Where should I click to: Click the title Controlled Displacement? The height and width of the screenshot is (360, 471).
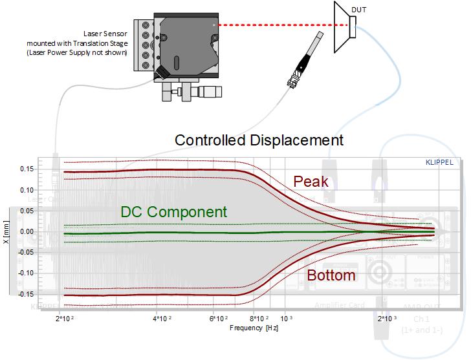point(259,140)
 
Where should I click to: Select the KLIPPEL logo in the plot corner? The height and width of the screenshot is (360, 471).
point(439,162)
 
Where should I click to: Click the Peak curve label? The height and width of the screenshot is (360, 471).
point(311,182)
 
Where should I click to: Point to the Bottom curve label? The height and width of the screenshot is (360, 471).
point(331,275)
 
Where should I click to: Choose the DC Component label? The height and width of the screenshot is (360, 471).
point(173,212)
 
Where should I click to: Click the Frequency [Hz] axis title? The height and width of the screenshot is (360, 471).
point(254,328)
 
